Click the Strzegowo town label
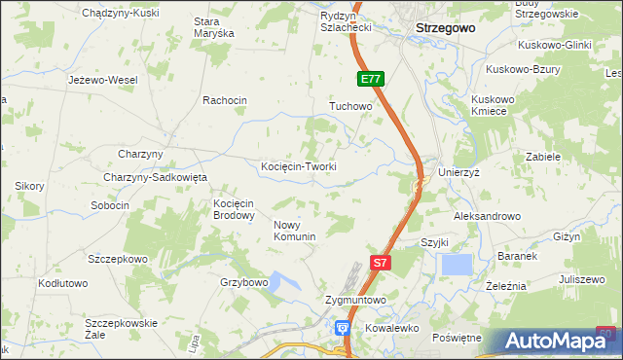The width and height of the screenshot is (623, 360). click(445, 28)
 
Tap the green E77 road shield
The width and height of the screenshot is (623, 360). click(371, 80)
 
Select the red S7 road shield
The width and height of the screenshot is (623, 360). click(382, 262)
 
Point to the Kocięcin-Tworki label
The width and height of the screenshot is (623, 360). click(299, 166)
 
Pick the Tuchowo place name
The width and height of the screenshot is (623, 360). click(351, 105)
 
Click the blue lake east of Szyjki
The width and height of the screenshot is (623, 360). click(457, 265)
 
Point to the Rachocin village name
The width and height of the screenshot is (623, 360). click(225, 100)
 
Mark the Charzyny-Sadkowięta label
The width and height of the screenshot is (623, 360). click(156, 177)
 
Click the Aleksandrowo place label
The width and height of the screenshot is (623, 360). click(488, 216)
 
